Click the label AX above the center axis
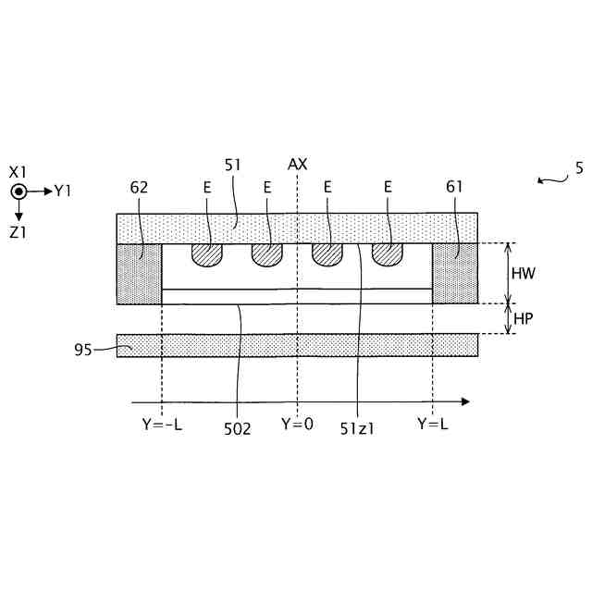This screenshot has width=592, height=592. tap(297, 164)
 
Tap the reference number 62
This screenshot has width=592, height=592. tap(140, 187)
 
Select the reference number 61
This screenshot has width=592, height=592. tap(454, 187)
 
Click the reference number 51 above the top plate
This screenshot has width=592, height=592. tap(233, 164)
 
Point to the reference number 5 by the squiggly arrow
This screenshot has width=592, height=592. tap(579, 168)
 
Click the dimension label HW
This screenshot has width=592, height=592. tap(524, 274)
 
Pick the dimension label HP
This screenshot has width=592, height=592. tap(523, 318)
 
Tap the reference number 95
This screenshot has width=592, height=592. tap(83, 350)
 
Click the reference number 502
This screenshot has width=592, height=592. tap(237, 429)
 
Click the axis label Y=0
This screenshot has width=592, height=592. tap(297, 425)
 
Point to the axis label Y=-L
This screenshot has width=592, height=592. tap(162, 425)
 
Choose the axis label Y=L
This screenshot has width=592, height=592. tap(432, 425)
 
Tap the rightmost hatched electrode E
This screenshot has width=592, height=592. tap(388, 255)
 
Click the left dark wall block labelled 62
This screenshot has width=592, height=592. tap(139, 273)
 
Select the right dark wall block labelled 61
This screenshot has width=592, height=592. tap(455, 273)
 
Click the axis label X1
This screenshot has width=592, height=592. tap(18, 172)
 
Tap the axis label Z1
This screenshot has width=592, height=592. tap(18, 233)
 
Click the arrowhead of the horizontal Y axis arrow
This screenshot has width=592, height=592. tap(465, 401)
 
